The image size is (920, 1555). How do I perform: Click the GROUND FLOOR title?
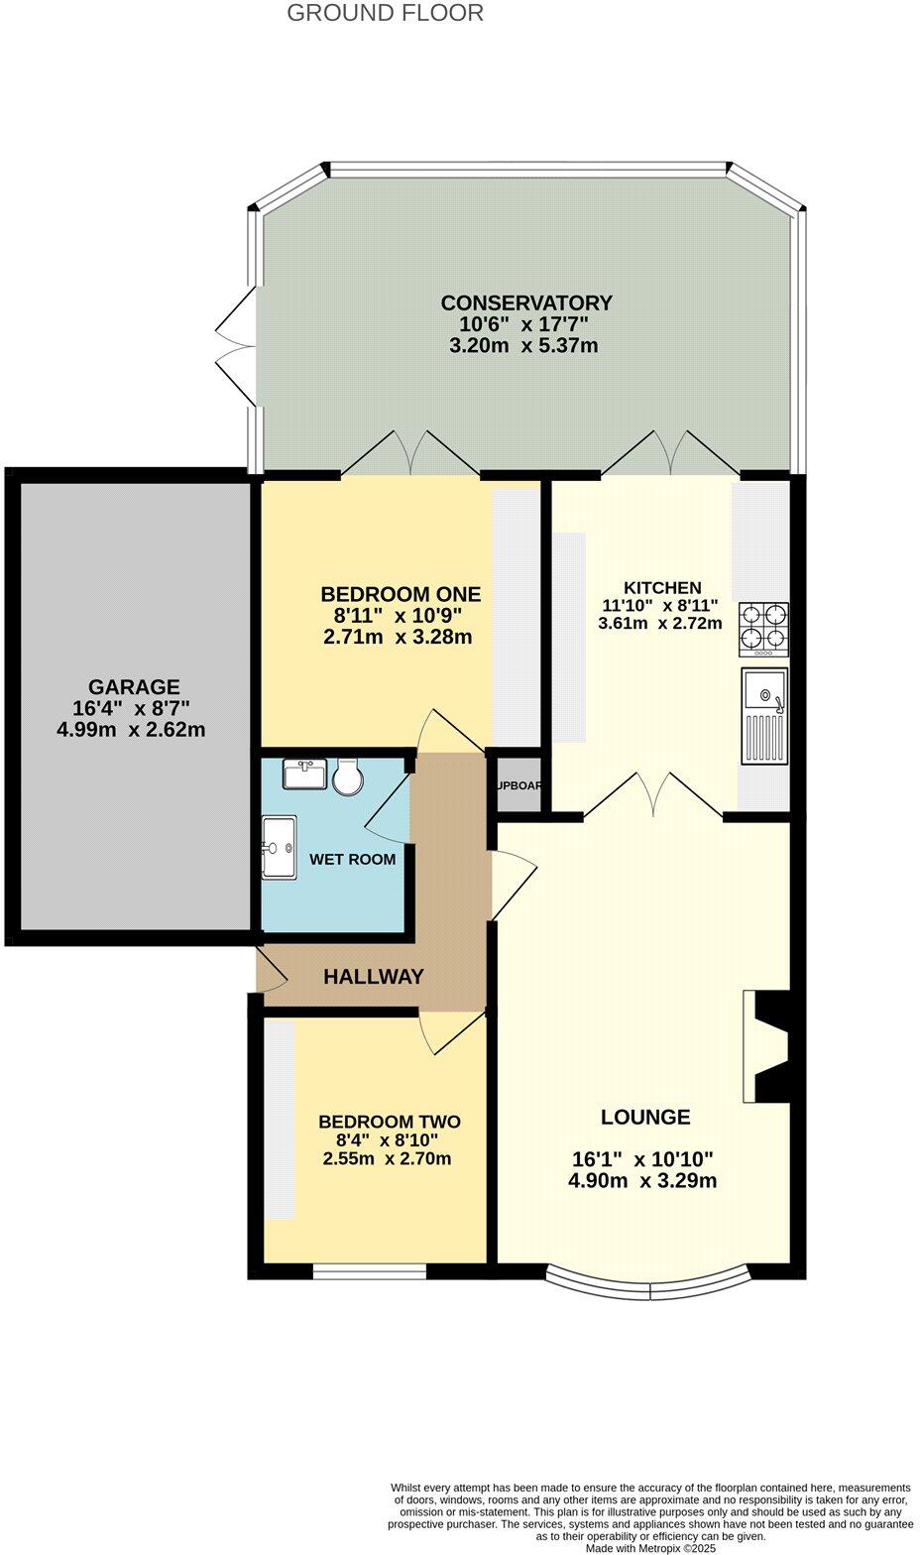385,13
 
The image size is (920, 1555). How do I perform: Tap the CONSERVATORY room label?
526,302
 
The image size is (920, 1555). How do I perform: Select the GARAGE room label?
134,686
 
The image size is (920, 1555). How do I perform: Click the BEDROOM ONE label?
401,594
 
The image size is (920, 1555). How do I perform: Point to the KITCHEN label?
661,588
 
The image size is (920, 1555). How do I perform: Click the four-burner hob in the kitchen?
763,629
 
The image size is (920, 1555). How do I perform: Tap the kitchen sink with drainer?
764,715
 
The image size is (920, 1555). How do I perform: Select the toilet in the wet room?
348,777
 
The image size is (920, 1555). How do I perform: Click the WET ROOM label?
352,859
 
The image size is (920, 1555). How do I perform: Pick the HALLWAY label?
373,977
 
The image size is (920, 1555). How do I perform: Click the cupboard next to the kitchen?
518,785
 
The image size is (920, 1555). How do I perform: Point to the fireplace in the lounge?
769,1046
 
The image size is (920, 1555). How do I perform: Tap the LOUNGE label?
645,1117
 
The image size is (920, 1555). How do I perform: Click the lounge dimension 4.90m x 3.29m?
642,1181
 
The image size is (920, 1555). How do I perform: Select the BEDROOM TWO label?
389,1122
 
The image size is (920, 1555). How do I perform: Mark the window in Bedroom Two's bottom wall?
369,1270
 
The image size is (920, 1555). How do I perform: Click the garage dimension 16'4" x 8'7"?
132,708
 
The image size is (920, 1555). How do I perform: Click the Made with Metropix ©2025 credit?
649,1547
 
